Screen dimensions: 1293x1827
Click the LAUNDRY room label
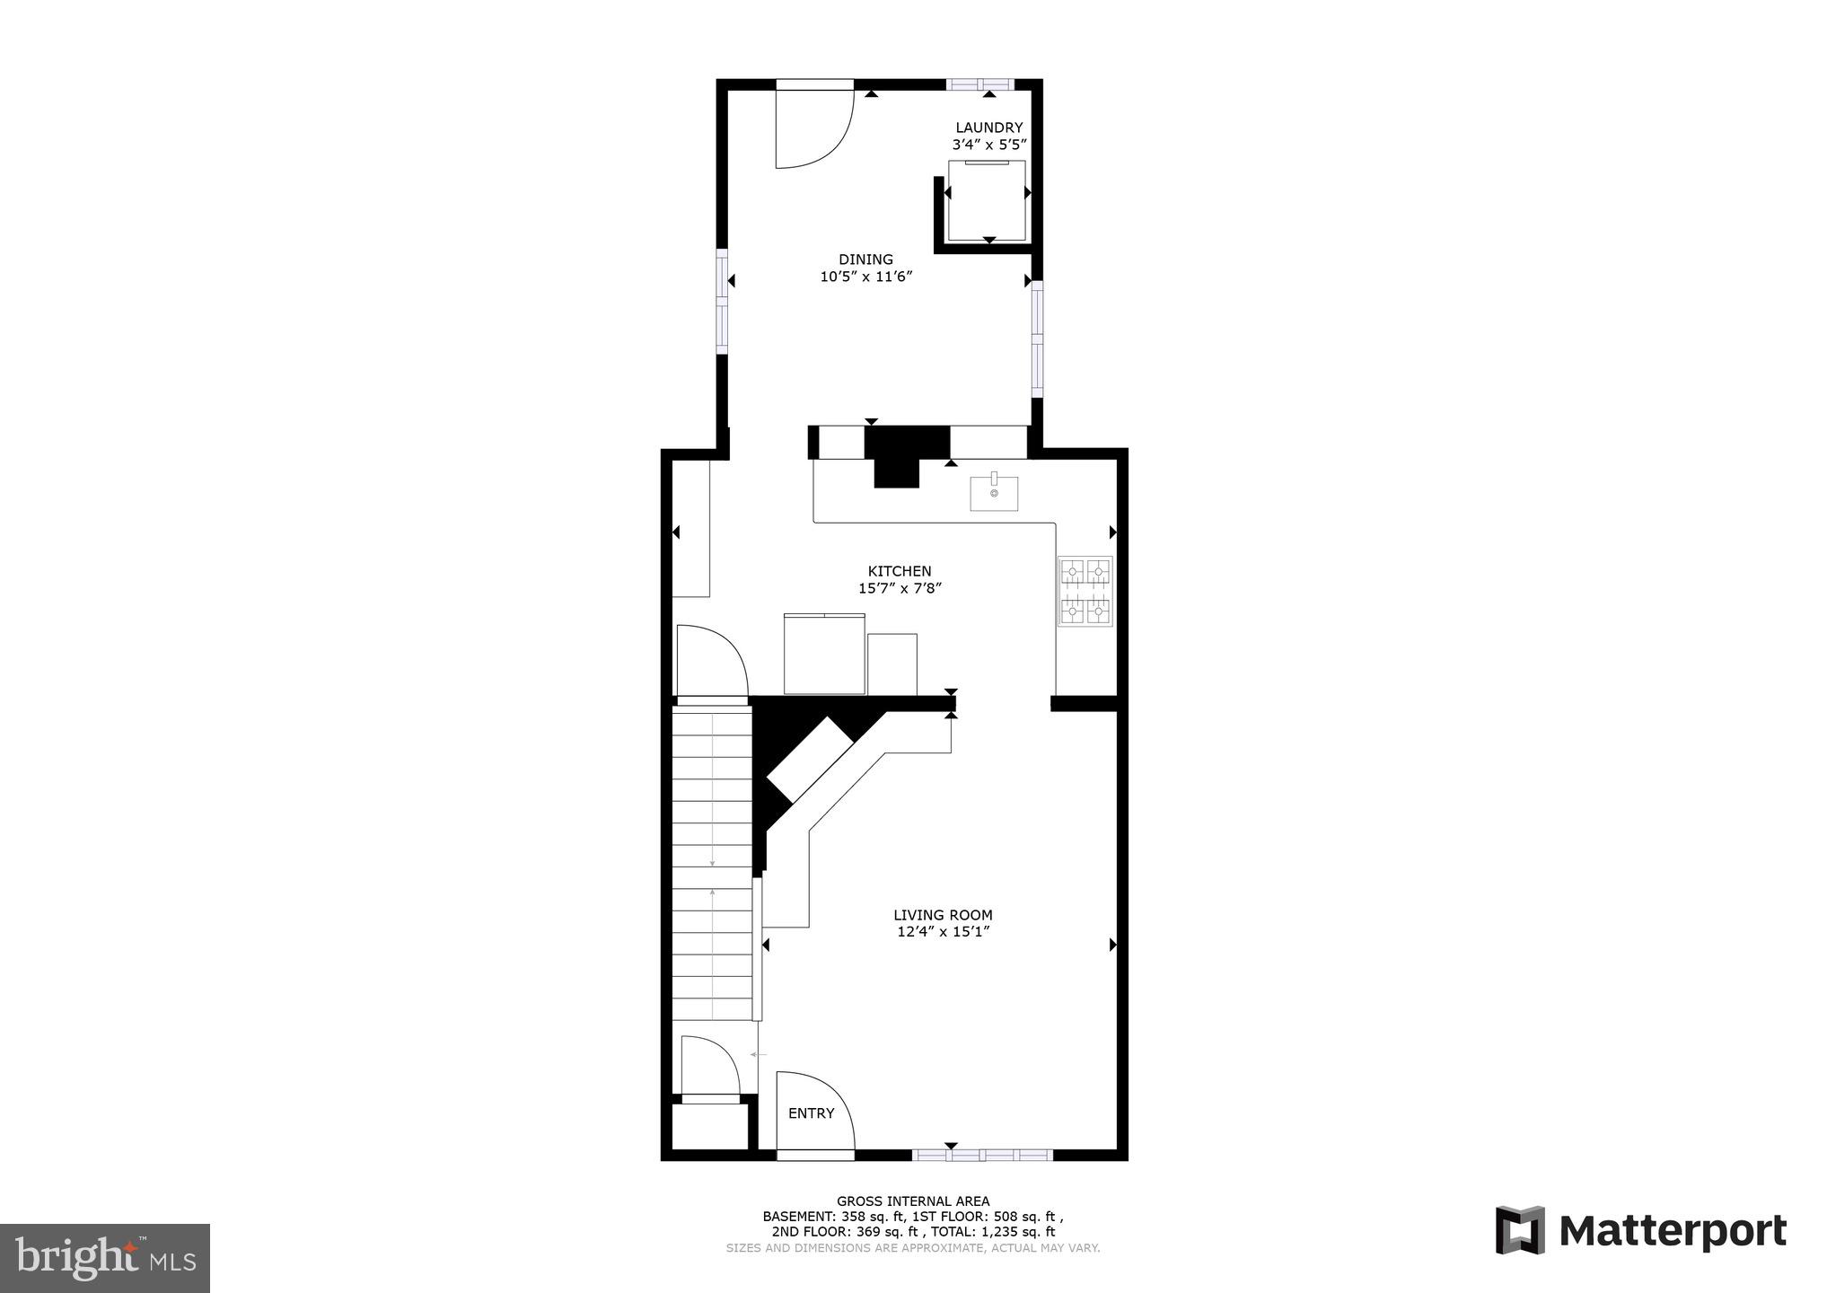(988, 128)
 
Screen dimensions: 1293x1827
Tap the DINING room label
(865, 259)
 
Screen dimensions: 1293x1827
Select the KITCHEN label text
(899, 571)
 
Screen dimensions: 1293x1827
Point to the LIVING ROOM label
(943, 915)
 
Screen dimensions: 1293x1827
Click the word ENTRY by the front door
(811, 1113)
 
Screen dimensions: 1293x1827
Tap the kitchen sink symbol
(994, 493)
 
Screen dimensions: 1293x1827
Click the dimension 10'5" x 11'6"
(865, 277)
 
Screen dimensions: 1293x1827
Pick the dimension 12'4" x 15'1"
(943, 932)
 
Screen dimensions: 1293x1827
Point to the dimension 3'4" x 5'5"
(988, 145)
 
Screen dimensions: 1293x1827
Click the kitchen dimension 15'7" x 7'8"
(899, 589)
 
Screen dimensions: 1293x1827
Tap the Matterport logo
(1640, 1231)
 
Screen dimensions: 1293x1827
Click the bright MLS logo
(105, 1257)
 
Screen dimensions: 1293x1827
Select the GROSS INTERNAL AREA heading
(912, 1201)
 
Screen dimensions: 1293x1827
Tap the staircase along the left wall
(712, 862)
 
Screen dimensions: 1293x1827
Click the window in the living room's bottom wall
(982, 1155)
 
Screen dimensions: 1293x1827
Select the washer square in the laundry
(987, 201)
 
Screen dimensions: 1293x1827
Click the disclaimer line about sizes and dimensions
(912, 1248)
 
